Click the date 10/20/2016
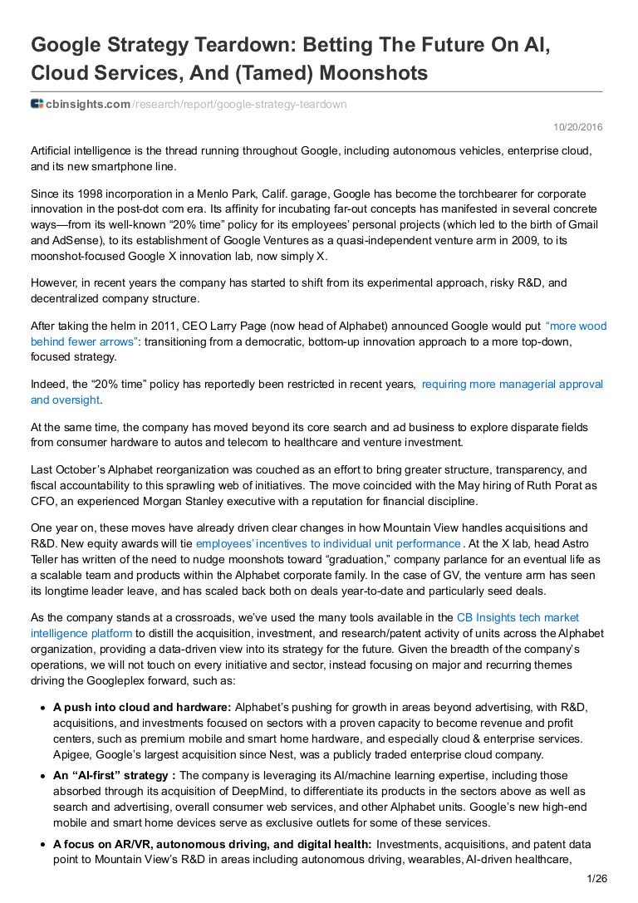pos(578,126)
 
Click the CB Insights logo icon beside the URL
pos(37,103)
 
